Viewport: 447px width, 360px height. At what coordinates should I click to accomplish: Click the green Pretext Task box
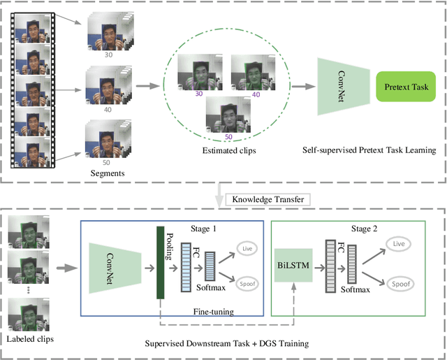(x=405, y=87)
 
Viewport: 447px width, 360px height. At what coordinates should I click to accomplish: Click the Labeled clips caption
(x=29, y=339)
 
